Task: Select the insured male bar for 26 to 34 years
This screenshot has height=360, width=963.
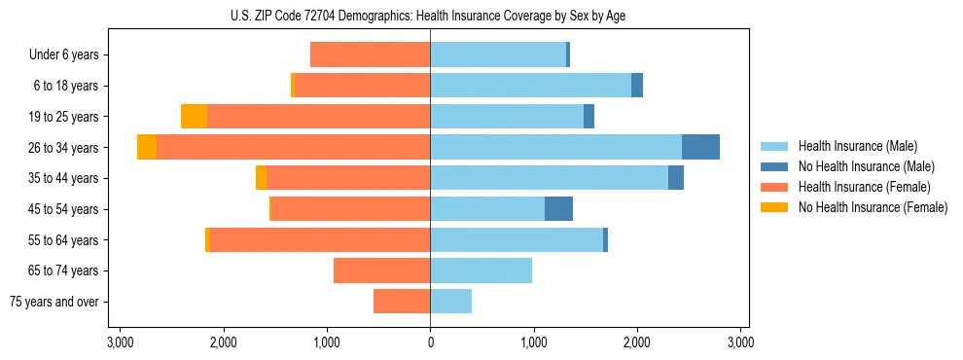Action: [x=555, y=147]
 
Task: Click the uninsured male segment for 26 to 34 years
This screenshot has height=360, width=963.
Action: [x=700, y=147]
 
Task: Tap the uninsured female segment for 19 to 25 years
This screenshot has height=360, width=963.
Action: [x=194, y=117]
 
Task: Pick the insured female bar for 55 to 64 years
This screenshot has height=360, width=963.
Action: [x=320, y=239]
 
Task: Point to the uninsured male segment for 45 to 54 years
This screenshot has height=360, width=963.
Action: [x=558, y=208]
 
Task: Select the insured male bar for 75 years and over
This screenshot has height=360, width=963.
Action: [x=450, y=302]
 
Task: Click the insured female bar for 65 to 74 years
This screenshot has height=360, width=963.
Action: [x=381, y=270]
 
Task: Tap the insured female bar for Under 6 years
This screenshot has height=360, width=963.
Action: [x=370, y=54]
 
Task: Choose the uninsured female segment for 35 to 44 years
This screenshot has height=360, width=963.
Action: [x=261, y=178]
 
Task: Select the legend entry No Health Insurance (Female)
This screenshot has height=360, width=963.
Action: [x=873, y=207]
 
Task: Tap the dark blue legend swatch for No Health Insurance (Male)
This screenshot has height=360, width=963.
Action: [x=774, y=166]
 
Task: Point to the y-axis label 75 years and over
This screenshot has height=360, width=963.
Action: [x=54, y=302]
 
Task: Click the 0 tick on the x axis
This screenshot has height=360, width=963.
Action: [x=430, y=342]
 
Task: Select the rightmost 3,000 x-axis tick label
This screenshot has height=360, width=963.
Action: [x=740, y=342]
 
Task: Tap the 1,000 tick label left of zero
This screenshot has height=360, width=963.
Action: [x=327, y=342]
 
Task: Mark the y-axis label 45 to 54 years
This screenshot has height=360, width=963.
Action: [x=61, y=208]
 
